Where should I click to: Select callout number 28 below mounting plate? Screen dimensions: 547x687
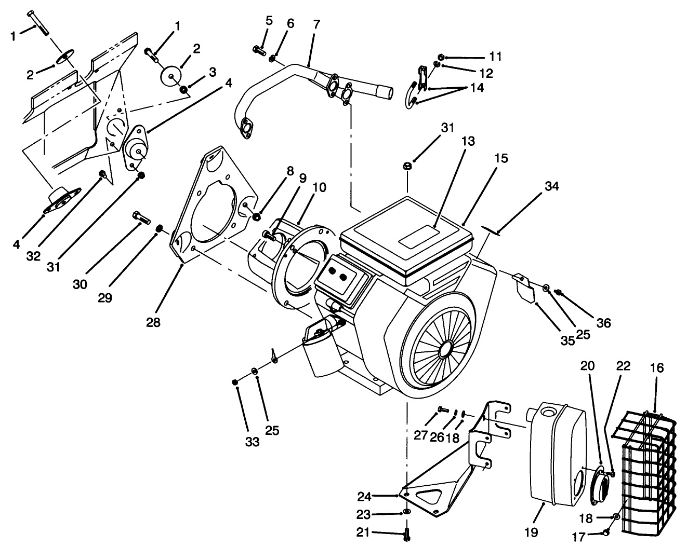[153, 322]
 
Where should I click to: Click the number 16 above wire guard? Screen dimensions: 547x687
[657, 368]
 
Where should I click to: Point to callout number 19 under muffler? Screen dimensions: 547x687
[531, 532]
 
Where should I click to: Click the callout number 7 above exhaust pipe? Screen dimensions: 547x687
[317, 24]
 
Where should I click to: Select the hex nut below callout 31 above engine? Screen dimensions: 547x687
[407, 166]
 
